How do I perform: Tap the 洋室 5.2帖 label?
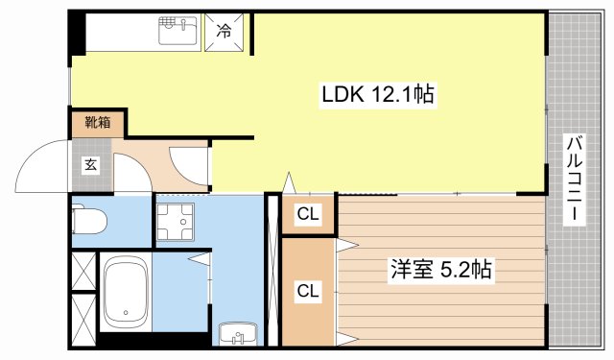click(440, 270)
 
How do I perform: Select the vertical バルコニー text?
click(573, 180)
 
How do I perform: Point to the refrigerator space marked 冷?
click(223, 31)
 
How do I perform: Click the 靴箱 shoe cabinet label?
click(96, 122)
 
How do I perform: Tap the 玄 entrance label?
click(89, 165)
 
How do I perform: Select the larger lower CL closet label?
click(308, 290)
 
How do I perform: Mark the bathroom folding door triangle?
click(201, 258)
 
